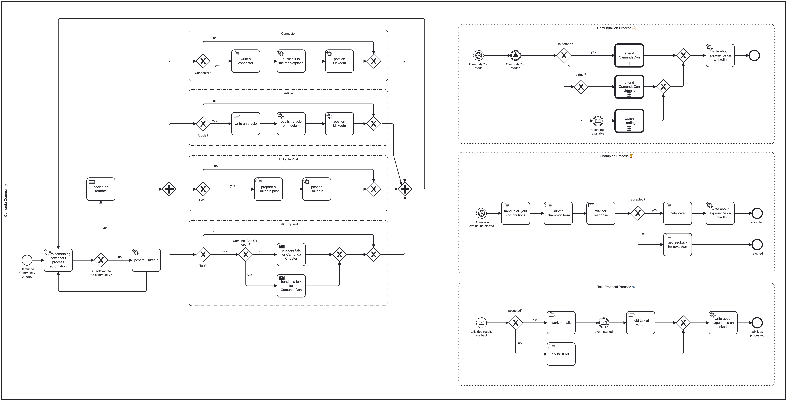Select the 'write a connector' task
[x=246, y=61]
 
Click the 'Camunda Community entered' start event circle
[x=27, y=260]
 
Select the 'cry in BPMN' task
[x=561, y=354]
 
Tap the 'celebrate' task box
[x=677, y=213]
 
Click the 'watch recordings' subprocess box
[x=629, y=121]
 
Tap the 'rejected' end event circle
[x=757, y=245]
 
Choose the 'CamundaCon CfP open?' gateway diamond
[x=246, y=254]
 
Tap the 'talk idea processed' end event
[x=757, y=323]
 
